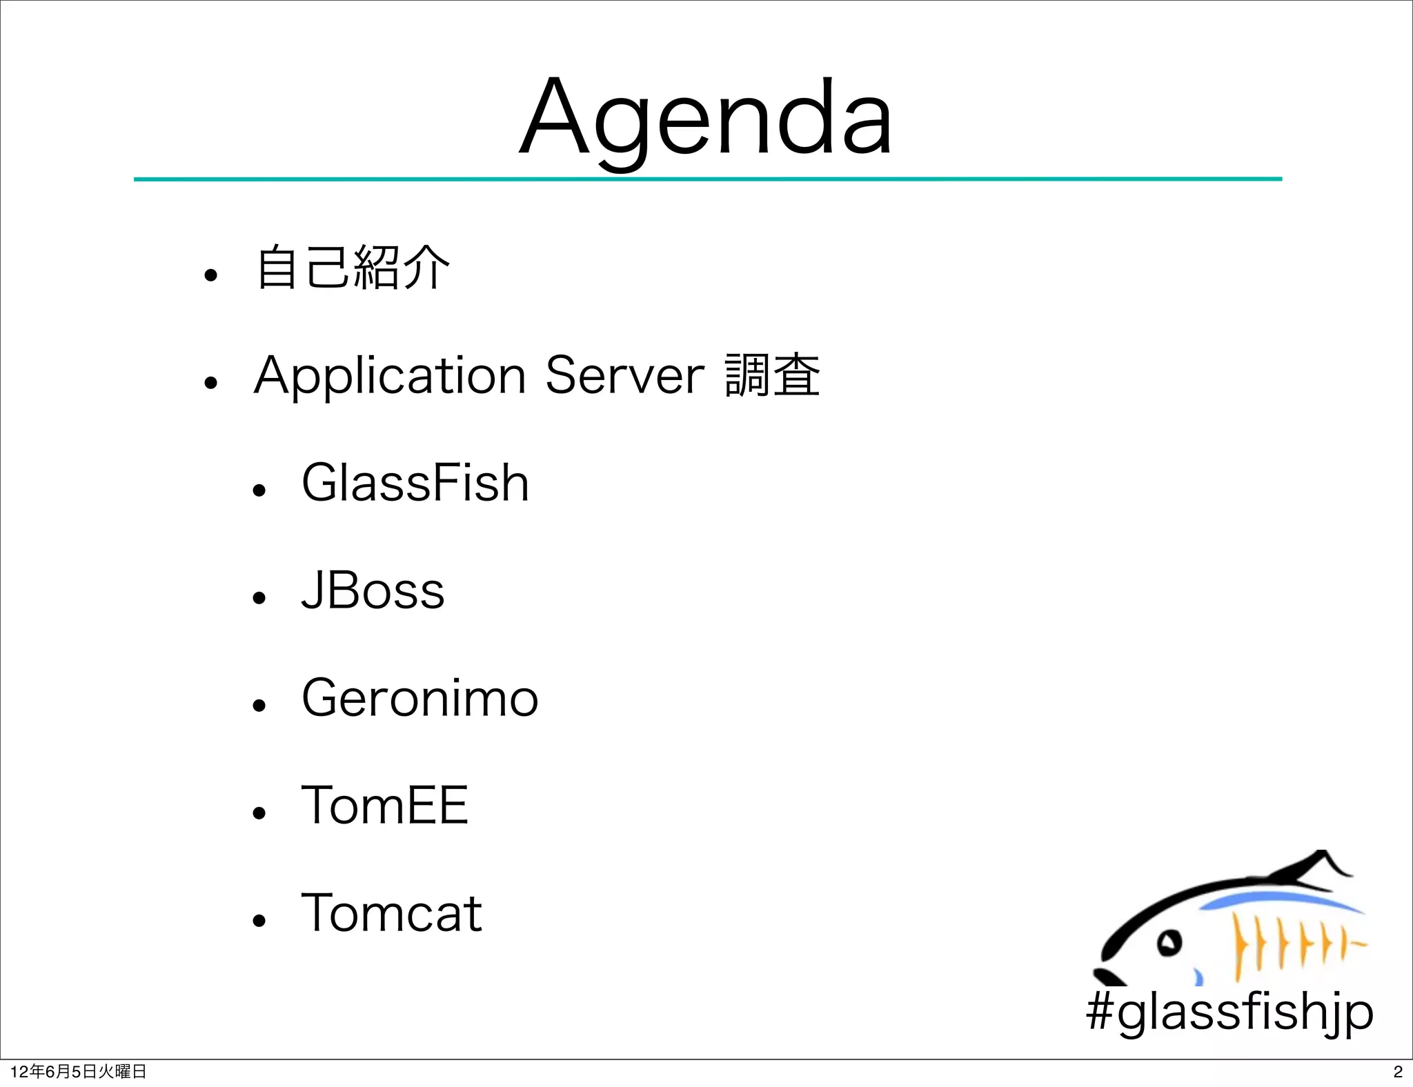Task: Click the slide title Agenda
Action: pos(706,117)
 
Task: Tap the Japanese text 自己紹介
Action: pos(353,268)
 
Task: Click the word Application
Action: pos(390,376)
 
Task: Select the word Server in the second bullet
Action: pos(624,376)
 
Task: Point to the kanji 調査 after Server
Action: pos(772,376)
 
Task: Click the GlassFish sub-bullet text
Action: pos(415,483)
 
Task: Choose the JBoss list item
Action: pos(373,591)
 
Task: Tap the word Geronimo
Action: pos(419,698)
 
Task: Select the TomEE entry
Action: pos(385,805)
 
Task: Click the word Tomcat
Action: pos(391,913)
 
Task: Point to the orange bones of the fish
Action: pos(1290,944)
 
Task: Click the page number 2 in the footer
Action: pos(1398,1072)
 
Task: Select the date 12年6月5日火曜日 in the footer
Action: pos(78,1072)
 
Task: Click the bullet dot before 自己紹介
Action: pos(210,276)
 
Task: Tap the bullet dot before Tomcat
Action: pos(259,920)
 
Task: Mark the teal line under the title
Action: pos(707,179)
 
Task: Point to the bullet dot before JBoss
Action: pos(259,597)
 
